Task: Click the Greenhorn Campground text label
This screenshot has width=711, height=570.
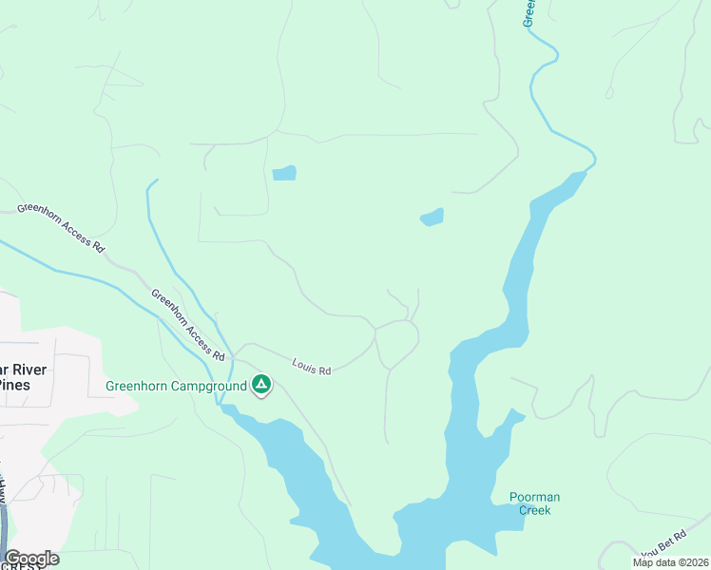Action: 176,386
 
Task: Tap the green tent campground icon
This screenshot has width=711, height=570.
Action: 261,385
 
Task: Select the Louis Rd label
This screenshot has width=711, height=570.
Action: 312,367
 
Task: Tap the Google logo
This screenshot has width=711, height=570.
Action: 31,558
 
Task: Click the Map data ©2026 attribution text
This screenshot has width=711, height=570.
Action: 671,562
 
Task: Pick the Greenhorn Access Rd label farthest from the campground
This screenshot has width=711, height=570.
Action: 59,226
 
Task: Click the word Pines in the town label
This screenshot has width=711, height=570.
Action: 13,385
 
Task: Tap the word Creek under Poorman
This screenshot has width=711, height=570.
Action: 534,510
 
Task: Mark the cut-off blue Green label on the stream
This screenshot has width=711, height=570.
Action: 529,12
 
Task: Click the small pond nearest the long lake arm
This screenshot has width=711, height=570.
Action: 432,218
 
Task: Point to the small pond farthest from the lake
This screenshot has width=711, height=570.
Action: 284,173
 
